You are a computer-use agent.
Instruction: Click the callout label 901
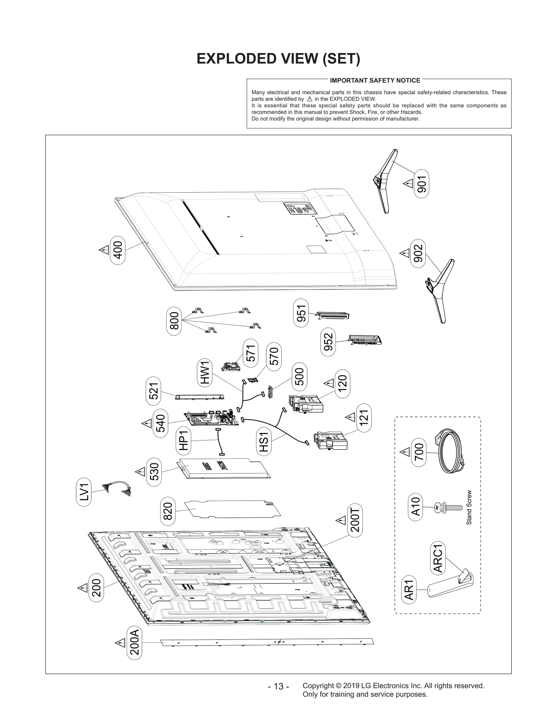coord(422,184)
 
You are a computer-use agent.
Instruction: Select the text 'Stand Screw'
coord(469,508)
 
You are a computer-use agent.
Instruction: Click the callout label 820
coord(168,511)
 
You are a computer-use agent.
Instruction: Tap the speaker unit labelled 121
coord(330,441)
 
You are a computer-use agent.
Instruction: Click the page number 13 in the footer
coord(278,686)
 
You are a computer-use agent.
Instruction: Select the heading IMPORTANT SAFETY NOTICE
coord(375,80)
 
